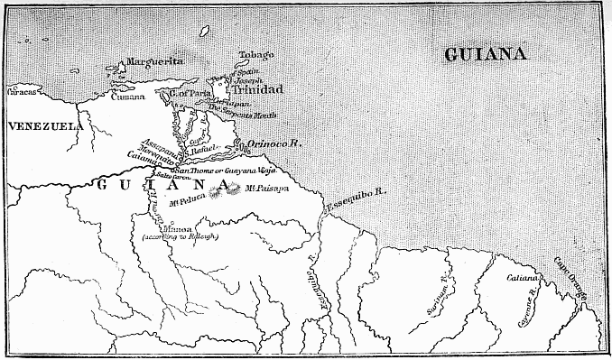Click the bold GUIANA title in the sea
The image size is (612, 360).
(x=486, y=55)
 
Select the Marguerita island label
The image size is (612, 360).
(x=154, y=61)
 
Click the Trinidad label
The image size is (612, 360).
(x=256, y=90)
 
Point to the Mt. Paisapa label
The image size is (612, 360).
(x=267, y=189)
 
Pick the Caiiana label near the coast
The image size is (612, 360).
(x=522, y=276)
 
